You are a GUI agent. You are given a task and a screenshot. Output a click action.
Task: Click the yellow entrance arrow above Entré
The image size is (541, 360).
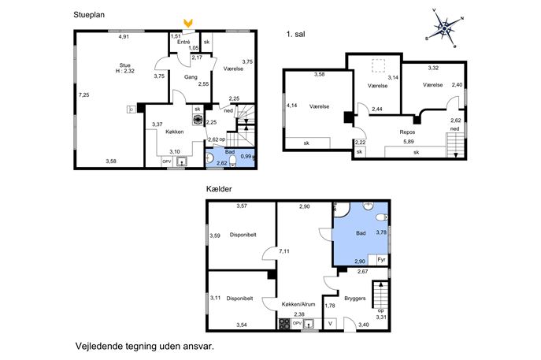(x=188, y=24)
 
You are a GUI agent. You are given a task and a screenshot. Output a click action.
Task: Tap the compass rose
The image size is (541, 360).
(x=445, y=28)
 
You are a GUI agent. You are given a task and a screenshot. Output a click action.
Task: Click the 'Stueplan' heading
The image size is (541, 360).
(x=89, y=15)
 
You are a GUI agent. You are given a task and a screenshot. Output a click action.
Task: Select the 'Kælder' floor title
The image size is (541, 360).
(x=219, y=189)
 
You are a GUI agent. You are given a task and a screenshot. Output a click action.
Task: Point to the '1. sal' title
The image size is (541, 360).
(x=295, y=34)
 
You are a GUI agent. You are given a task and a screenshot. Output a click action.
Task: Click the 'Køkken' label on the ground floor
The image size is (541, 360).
(x=175, y=132)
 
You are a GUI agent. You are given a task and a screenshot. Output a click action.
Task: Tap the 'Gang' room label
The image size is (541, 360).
(x=191, y=77)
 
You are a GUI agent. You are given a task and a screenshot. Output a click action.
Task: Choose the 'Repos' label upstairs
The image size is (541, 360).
(x=407, y=132)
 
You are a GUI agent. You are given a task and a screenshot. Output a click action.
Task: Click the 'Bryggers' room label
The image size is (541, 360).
(x=354, y=299)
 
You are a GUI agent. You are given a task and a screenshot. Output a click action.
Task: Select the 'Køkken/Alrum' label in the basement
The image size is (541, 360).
(x=298, y=304)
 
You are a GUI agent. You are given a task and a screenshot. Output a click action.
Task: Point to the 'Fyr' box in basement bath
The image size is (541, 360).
(x=382, y=259)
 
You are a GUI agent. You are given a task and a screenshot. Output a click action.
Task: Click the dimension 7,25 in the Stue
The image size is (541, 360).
(x=83, y=95)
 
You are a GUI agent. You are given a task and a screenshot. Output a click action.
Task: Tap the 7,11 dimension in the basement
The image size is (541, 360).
(x=284, y=251)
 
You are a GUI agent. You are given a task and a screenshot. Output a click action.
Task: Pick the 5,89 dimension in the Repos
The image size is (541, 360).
(x=409, y=142)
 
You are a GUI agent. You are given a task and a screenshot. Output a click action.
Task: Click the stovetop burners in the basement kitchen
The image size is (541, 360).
(x=284, y=324)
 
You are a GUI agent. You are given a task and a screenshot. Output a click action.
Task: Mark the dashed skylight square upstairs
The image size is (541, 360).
(x=378, y=65)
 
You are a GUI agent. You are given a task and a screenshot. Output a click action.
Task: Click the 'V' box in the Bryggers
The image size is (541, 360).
(x=330, y=324)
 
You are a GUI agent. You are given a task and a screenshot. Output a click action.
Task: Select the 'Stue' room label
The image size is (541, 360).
(x=125, y=65)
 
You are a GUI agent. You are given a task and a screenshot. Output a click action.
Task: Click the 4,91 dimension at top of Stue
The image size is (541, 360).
(x=124, y=36)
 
